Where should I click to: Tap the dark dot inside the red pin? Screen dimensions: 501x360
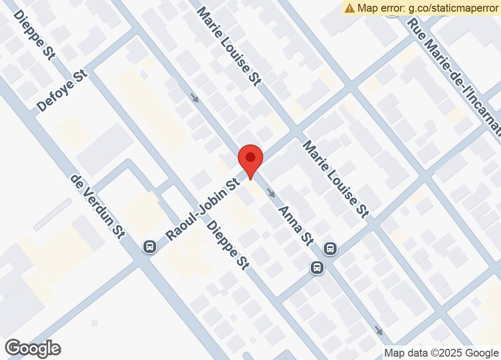click(250, 157)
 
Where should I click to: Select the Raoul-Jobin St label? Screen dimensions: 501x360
click(202, 209)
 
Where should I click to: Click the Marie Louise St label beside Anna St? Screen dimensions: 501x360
click(336, 179)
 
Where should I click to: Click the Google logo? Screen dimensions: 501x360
click(33, 348)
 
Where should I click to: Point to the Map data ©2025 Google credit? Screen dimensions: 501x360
click(441, 353)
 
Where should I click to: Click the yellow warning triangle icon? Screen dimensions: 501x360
click(350, 8)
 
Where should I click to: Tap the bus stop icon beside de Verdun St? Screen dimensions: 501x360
click(150, 247)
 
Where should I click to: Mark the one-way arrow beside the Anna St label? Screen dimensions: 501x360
click(271, 193)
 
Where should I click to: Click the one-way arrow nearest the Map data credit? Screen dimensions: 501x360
click(378, 331)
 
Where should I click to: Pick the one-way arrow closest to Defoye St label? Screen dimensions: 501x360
click(195, 98)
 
